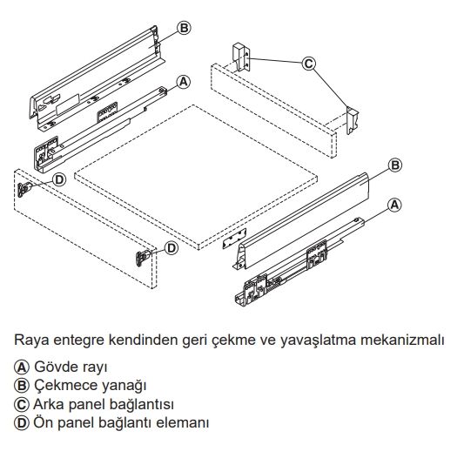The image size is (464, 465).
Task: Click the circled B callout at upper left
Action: pos(184,28)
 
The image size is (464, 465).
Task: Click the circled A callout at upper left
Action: pos(184,82)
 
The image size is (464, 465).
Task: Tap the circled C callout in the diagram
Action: pos(309,64)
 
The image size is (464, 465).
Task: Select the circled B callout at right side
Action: pos(395,165)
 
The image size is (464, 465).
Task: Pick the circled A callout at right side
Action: pos(394,206)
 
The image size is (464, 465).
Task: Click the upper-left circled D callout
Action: pos(59,180)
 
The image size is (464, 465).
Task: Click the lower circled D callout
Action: pos(171,248)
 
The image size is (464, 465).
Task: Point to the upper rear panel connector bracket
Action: pos(242,57)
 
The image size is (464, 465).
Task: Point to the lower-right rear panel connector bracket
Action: pos(353,120)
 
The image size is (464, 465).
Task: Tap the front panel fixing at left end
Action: pos(24,189)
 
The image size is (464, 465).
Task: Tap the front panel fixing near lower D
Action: pos(143,258)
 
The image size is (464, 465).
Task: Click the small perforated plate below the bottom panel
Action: pos(235,239)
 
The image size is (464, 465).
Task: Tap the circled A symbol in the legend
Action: pos(22,367)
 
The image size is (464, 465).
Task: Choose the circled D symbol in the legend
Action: pos(22,423)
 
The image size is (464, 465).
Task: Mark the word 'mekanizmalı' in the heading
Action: pos(402,340)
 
